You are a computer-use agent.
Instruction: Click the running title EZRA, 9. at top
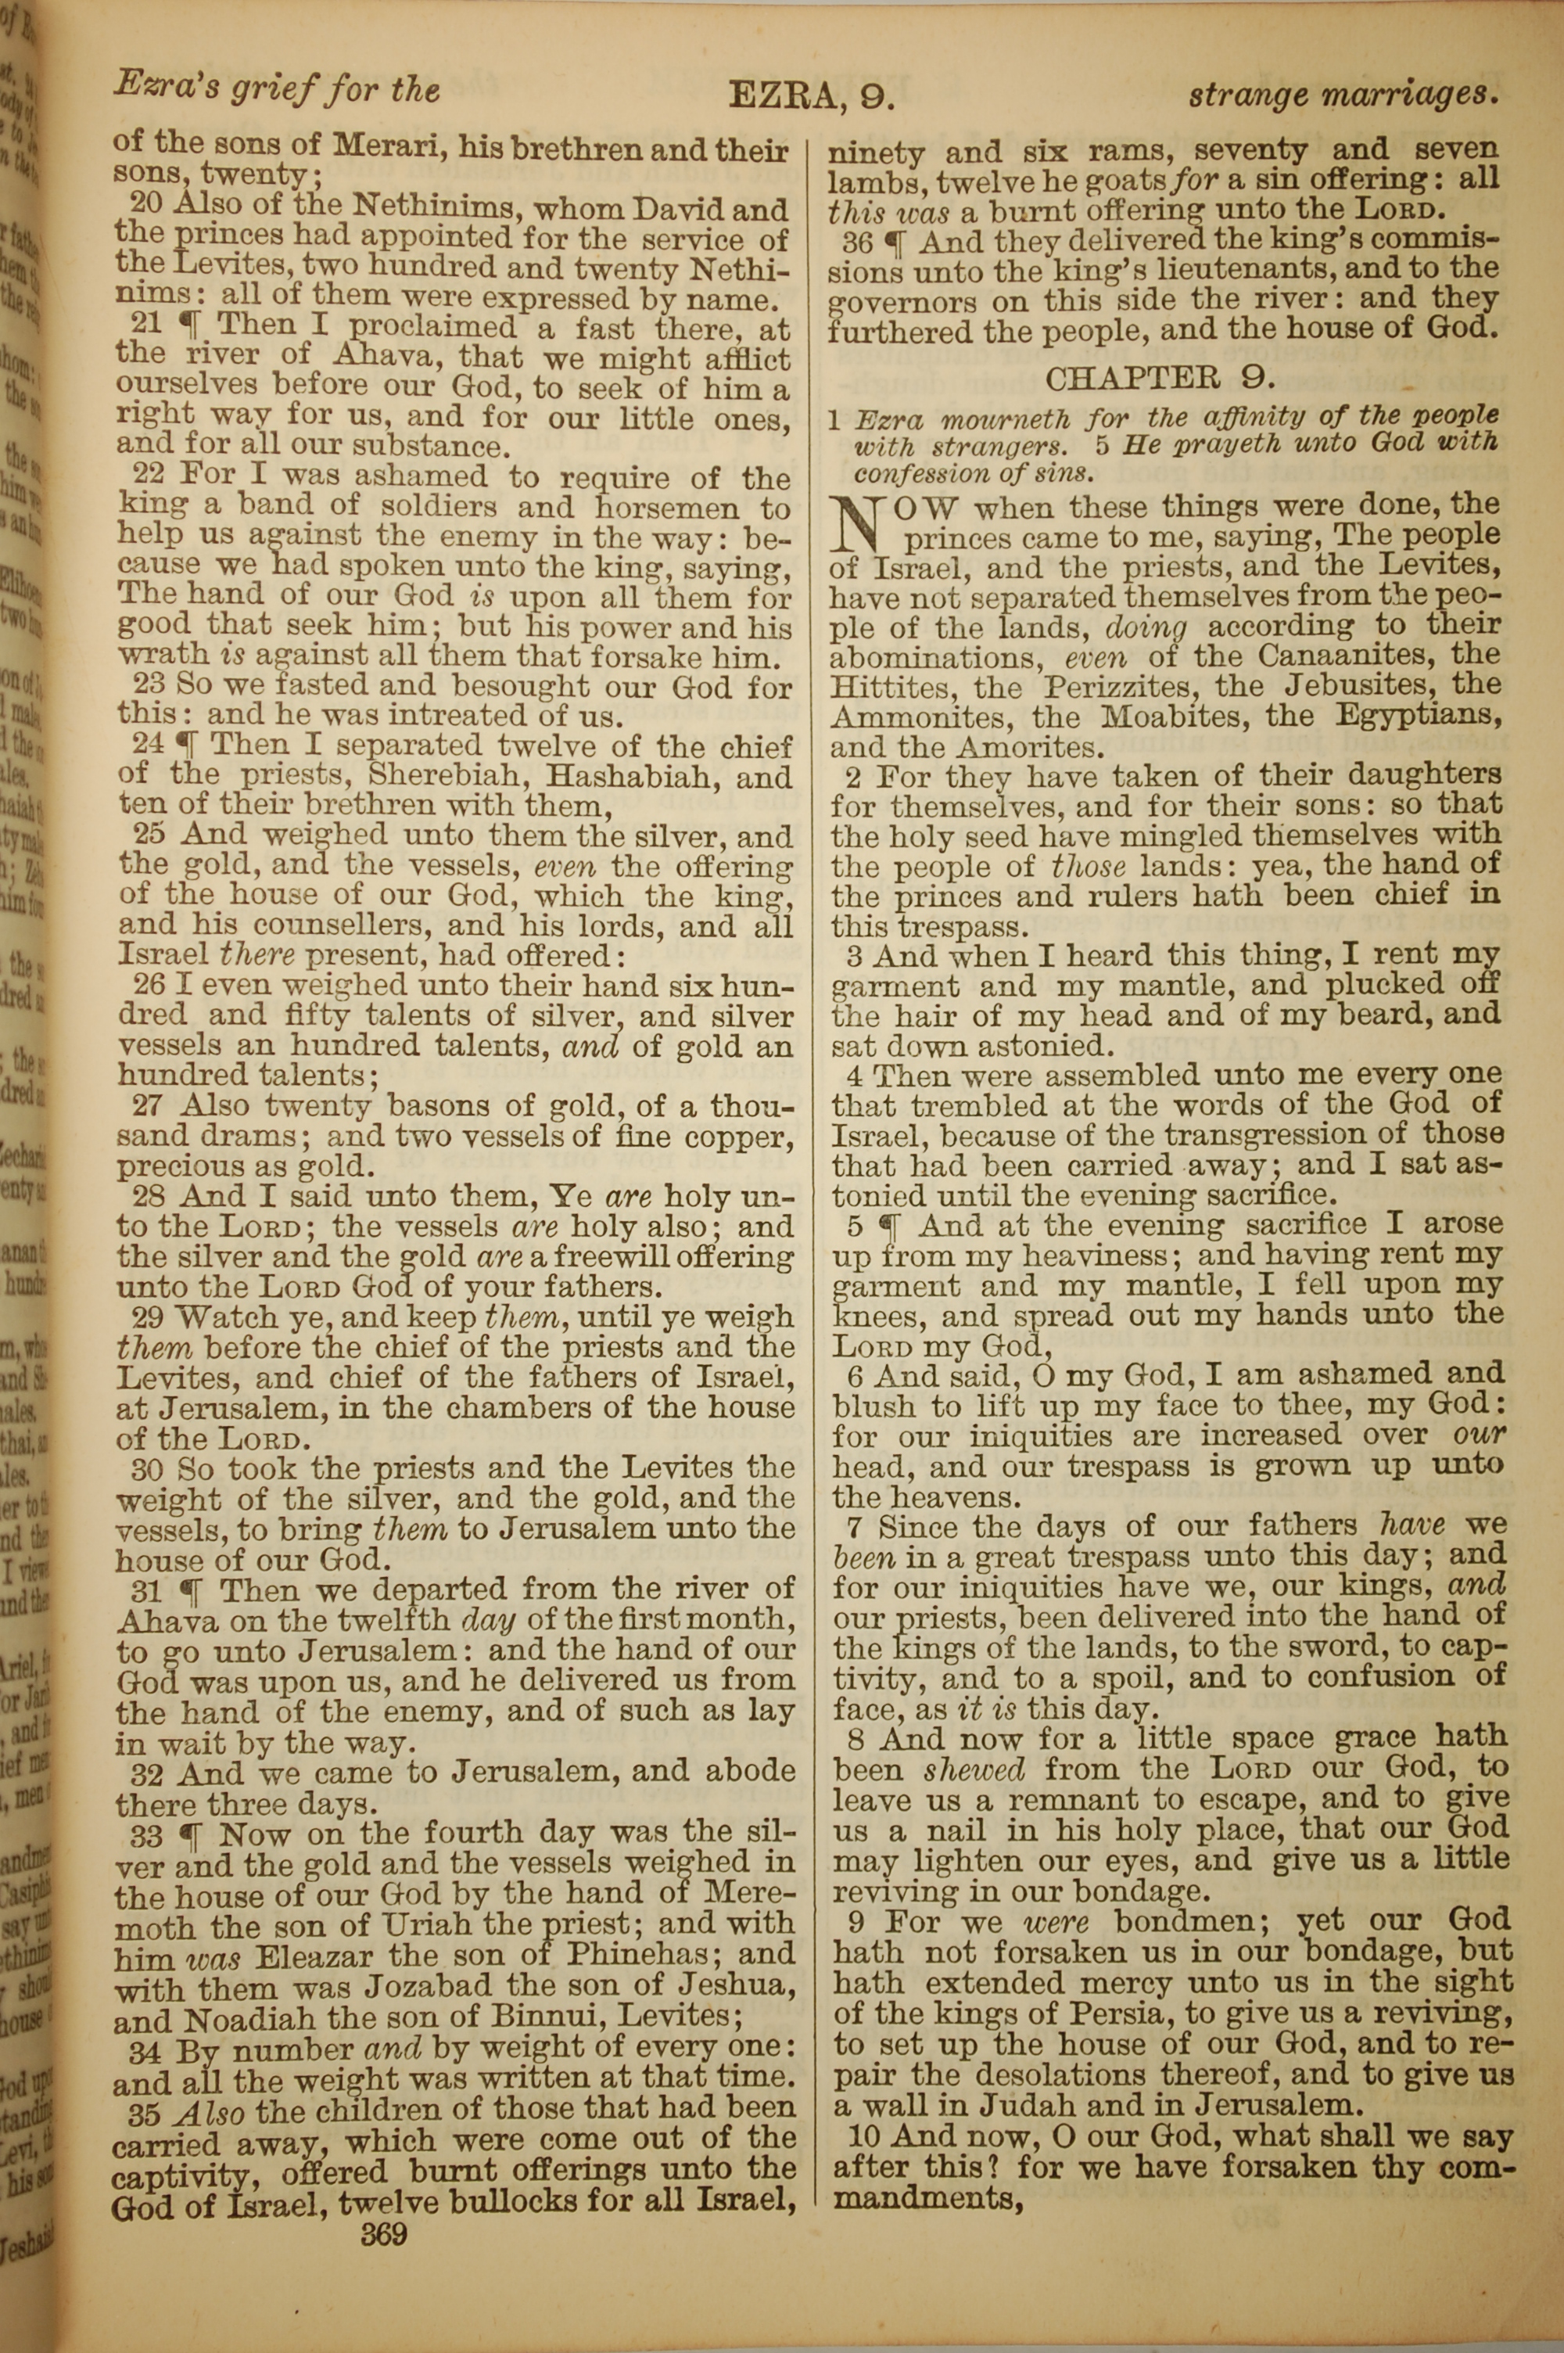click(811, 95)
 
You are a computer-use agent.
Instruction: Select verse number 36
click(858, 242)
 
